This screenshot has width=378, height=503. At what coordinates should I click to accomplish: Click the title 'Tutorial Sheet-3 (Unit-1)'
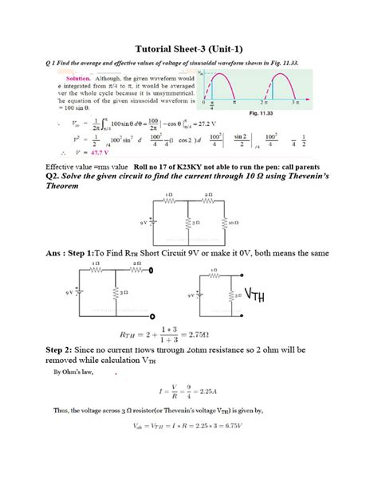click(189, 47)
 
